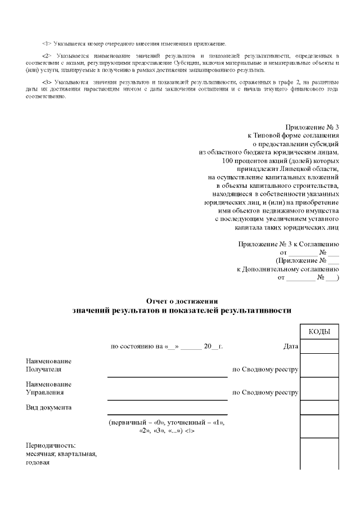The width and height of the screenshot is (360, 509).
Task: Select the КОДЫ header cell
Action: click(x=319, y=332)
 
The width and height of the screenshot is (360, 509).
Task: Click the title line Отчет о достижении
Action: click(x=182, y=301)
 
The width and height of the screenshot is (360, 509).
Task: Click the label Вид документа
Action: click(x=49, y=407)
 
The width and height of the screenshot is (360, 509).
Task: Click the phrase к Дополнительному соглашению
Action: click(x=287, y=269)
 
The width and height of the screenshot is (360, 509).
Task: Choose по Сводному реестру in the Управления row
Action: click(x=265, y=393)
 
